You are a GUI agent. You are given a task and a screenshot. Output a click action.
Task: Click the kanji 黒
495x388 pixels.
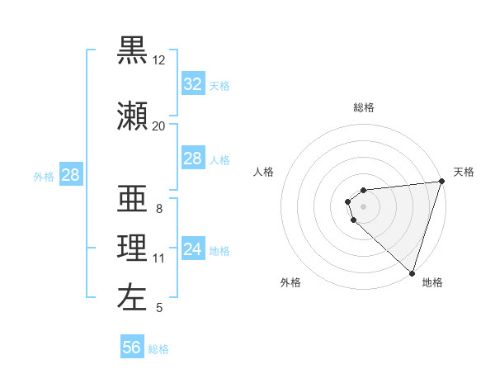pyautogui.click(x=132, y=51)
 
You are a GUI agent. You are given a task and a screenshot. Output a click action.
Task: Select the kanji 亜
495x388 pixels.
pyautogui.click(x=132, y=198)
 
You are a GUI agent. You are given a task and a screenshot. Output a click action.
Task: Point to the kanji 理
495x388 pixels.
pyautogui.click(x=132, y=248)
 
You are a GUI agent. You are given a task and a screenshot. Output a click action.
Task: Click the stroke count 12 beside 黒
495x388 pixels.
pyautogui.click(x=159, y=60)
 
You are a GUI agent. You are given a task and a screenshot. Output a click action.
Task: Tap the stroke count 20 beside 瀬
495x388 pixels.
pyautogui.click(x=159, y=126)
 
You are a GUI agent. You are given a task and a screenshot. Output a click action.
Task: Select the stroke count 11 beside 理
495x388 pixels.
pyautogui.click(x=159, y=258)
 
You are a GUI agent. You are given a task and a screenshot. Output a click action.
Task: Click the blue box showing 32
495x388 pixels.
pyautogui.click(x=192, y=84)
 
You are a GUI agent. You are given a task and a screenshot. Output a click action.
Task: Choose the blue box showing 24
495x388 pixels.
pyautogui.click(x=192, y=249)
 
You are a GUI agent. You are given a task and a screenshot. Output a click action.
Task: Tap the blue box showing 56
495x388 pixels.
pyautogui.click(x=131, y=348)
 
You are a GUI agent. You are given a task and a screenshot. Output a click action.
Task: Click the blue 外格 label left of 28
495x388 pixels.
pyautogui.click(x=44, y=176)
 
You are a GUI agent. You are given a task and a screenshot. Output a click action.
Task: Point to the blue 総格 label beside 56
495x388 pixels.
pyautogui.click(x=158, y=349)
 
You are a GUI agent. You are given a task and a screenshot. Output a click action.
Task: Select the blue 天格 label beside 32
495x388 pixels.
pyautogui.click(x=219, y=86)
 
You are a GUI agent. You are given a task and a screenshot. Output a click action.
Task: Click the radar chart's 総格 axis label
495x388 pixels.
pyautogui.click(x=364, y=108)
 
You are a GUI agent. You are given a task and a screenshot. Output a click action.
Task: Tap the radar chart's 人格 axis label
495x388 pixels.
pyautogui.click(x=264, y=172)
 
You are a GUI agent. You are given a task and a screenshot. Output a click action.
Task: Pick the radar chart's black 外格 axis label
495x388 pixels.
pyautogui.click(x=290, y=282)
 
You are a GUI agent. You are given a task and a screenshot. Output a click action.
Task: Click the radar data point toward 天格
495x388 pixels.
pyautogui.click(x=441, y=182)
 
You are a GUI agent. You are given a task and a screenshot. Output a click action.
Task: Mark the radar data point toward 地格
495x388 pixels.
pyautogui.click(x=412, y=272)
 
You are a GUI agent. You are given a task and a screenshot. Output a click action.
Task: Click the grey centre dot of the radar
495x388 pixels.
pyautogui.click(x=364, y=206)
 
